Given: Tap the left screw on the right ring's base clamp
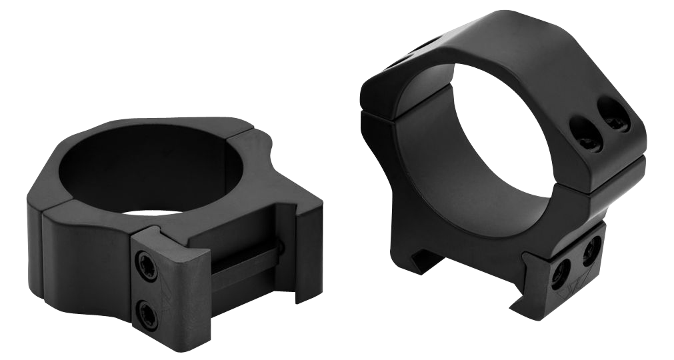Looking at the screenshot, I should tap(562, 269).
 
